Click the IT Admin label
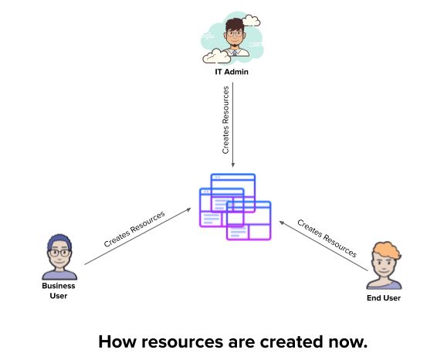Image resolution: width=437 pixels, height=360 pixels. pyautogui.click(x=232, y=73)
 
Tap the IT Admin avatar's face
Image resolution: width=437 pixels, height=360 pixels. pyautogui.click(x=233, y=36)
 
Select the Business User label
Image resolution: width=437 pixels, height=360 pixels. pyautogui.click(x=59, y=290)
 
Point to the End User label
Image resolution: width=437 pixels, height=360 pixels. pyautogui.click(x=384, y=297)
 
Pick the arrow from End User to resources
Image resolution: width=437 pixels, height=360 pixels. pyautogui.click(x=324, y=246)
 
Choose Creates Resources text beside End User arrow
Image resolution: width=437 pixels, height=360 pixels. pyautogui.click(x=327, y=237)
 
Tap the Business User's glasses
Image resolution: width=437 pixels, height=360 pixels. pyautogui.click(x=59, y=252)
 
